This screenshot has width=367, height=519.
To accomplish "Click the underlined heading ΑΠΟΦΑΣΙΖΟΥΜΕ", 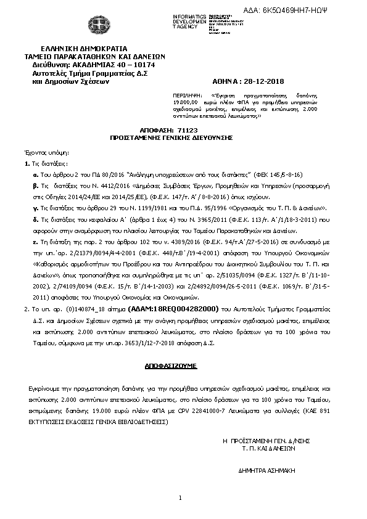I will point(170,366).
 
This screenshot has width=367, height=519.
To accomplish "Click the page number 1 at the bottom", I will point(181,497).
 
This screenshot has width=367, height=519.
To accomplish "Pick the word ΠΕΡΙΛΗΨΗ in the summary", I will point(186,96).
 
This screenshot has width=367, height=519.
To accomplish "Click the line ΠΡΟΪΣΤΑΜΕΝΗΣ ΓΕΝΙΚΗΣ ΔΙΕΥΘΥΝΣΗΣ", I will point(170,139).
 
